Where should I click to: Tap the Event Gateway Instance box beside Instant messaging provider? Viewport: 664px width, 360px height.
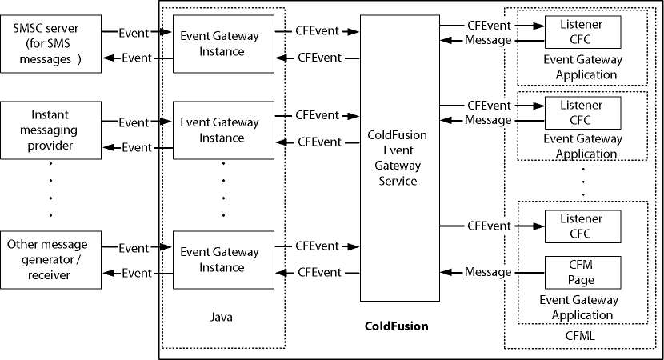click(218, 130)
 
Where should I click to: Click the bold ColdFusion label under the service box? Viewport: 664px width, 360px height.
click(396, 326)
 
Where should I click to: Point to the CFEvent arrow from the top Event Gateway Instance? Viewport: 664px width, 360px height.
click(317, 31)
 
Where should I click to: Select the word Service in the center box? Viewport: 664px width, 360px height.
click(398, 181)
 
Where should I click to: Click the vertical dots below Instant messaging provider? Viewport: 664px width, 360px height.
click(50, 189)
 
